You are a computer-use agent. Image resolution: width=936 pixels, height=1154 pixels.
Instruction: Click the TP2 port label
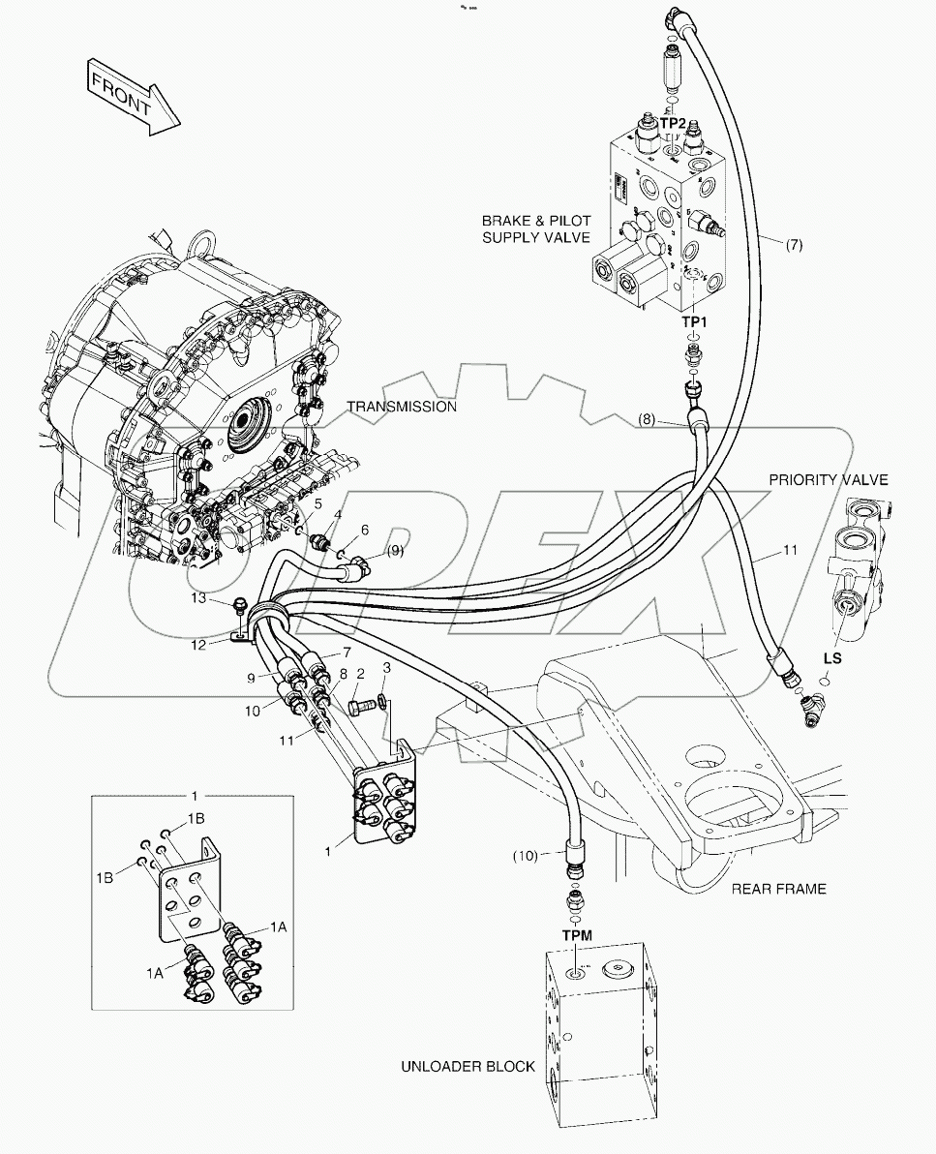(673, 124)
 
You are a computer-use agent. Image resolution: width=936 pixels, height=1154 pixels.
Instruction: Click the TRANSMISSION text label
(401, 407)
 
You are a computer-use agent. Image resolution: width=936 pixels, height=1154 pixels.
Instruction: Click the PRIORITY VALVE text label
(828, 479)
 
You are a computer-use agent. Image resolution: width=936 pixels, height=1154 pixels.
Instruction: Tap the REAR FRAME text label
(778, 888)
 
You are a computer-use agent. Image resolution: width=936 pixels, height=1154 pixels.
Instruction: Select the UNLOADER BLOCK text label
(468, 1067)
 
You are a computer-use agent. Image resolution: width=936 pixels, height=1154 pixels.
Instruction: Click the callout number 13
(197, 599)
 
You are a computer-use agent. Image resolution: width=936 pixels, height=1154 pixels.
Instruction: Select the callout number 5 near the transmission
(317, 503)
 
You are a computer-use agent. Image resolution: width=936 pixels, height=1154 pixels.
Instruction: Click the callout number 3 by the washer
(386, 668)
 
